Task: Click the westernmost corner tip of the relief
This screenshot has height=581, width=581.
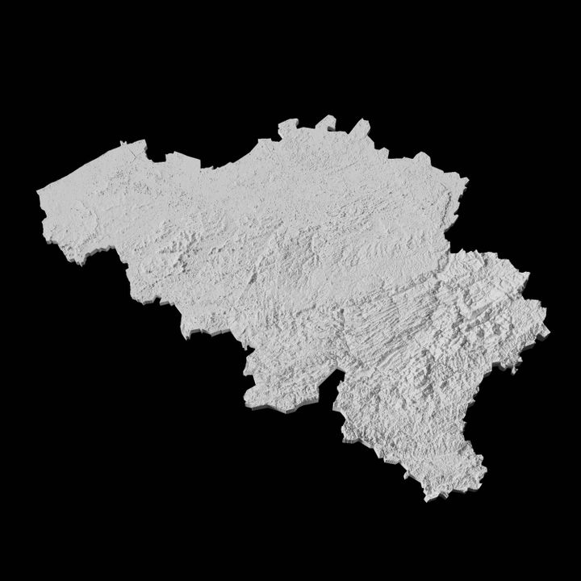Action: (39, 192)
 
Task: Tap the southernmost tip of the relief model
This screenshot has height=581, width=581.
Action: (425, 499)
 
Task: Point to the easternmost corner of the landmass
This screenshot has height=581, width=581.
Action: (548, 330)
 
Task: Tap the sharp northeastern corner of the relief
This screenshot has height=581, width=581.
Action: (466, 178)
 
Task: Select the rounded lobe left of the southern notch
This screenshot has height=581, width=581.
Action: (270, 387)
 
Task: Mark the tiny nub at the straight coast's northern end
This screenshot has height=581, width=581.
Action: (123, 144)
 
